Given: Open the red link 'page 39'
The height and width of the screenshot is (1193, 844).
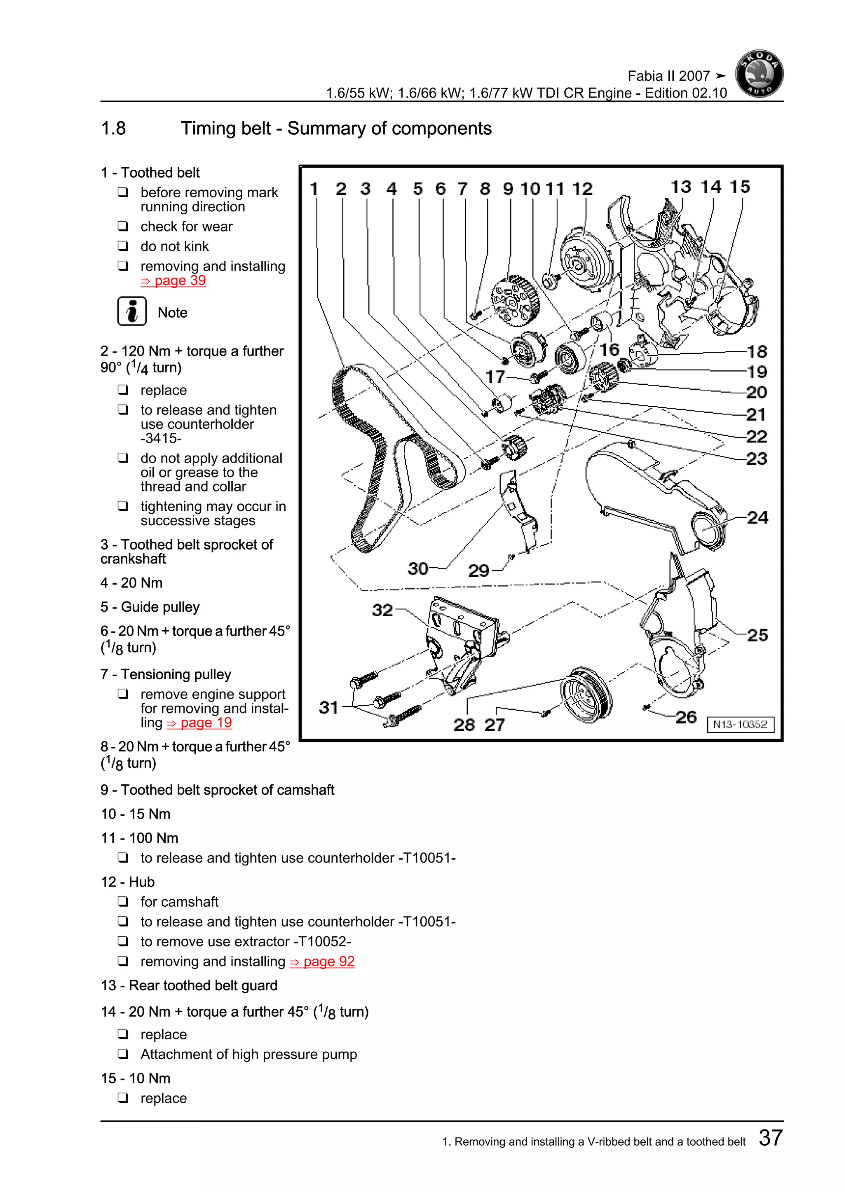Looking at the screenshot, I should [173, 281].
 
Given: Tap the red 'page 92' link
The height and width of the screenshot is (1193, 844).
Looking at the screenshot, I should [322, 962].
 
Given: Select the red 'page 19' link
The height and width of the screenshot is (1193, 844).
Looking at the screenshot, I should [199, 723].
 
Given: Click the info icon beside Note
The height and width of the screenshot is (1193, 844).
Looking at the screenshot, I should [131, 312].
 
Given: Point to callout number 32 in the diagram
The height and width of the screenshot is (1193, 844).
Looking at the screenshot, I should [382, 610].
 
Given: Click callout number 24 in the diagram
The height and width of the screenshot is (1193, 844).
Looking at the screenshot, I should [757, 517].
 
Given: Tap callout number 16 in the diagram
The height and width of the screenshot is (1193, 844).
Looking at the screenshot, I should [609, 350].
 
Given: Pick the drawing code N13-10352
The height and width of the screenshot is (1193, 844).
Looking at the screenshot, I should [740, 724].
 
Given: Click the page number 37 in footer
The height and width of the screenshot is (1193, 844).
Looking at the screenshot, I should [770, 1138].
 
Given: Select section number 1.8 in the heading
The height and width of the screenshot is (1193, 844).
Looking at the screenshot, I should [113, 129].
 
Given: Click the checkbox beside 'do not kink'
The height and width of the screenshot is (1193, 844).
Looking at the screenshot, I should [123, 246].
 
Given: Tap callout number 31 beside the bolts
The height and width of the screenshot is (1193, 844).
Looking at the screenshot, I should [328, 707].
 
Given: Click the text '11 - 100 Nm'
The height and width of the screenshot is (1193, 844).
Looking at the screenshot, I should [139, 838].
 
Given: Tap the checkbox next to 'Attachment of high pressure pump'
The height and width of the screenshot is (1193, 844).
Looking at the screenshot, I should [123, 1054].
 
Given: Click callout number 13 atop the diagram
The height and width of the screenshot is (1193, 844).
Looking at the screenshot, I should [680, 187].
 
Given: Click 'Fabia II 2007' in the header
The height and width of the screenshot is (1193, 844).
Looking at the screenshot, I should [668, 76].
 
